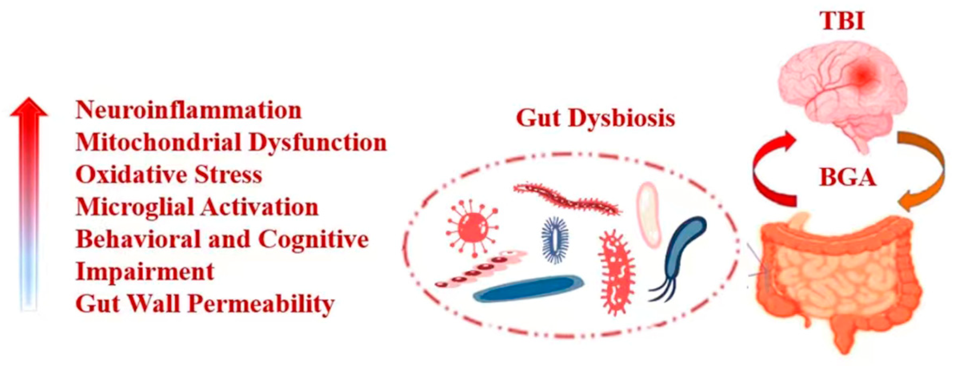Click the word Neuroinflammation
point(188,110)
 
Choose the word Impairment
point(145,272)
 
